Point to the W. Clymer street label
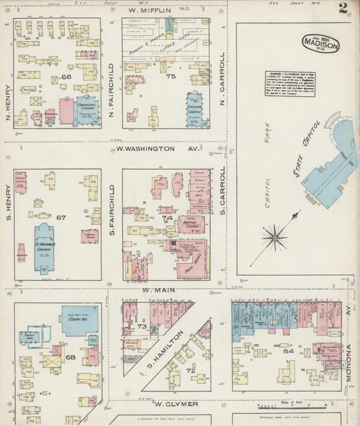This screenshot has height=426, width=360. click(176, 404)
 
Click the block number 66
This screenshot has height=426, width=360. click(66, 77)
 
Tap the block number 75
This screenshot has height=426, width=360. click(171, 77)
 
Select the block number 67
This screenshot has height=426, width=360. click(61, 217)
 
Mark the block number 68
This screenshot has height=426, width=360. click(70, 356)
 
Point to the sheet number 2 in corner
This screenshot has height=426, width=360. click(344, 9)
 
